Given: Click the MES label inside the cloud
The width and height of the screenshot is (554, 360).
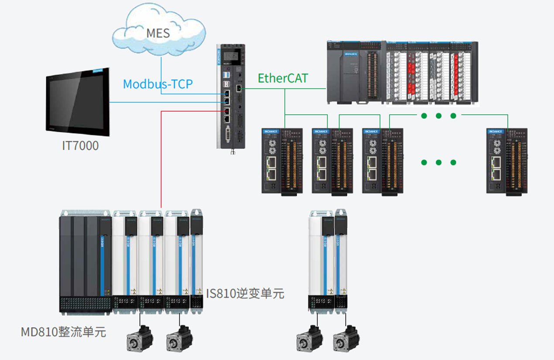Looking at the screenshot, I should [x=158, y=33].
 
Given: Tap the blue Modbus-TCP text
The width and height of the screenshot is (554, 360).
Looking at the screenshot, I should [x=157, y=84].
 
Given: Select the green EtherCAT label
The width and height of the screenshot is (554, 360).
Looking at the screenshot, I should [x=283, y=79].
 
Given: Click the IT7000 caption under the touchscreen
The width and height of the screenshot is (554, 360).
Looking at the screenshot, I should [x=80, y=145].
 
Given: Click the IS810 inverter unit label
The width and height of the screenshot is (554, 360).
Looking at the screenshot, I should [x=245, y=294].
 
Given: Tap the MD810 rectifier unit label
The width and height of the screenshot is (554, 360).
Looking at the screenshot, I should [x=64, y=332].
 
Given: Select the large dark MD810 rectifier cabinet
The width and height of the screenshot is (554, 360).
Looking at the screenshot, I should [x=85, y=262].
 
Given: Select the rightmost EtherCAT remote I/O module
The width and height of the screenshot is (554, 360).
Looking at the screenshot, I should [x=507, y=161].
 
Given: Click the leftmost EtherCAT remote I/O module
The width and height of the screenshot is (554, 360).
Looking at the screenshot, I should [x=282, y=161].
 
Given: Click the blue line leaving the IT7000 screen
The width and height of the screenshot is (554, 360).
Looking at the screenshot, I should [x=166, y=103].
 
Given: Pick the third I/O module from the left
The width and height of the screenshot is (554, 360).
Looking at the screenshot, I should [x=383, y=161].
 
